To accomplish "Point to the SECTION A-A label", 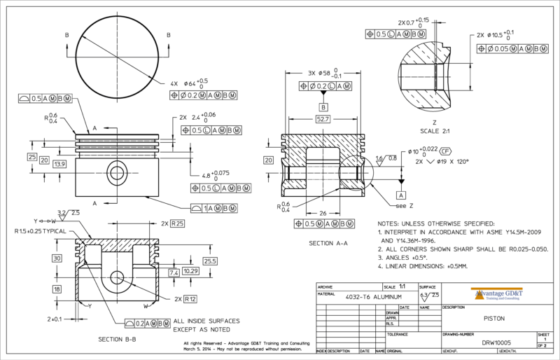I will coord(328,243).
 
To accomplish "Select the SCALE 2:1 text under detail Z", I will coord(434,132).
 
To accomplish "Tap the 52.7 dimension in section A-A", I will coord(323,120).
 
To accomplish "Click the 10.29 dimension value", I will coord(191,270).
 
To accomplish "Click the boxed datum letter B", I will coord(323,107).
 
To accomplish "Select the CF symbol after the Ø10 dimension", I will coord(445,151).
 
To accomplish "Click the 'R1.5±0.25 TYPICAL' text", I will coord(41,230).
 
